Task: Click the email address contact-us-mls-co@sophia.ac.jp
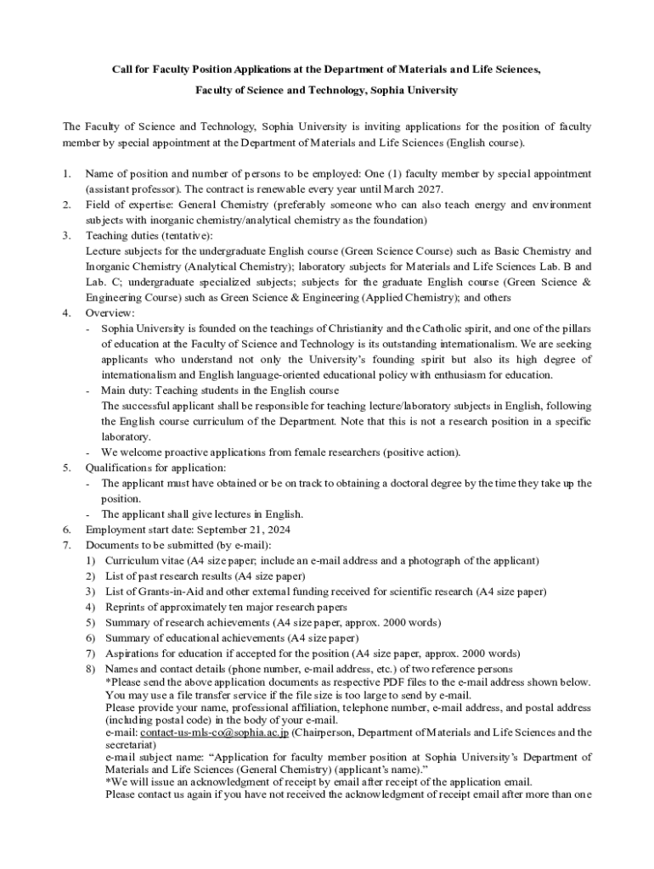pos(215,732)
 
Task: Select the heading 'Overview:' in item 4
pos(110,313)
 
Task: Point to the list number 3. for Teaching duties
pos(67,235)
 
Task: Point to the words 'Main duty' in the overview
pos(125,390)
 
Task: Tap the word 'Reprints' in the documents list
pos(127,607)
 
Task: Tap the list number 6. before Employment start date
pos(67,530)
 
